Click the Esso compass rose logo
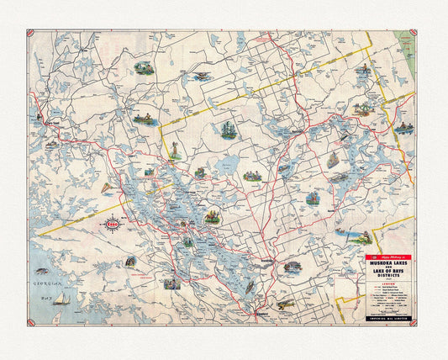(x=112, y=225)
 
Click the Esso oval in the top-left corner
(x=31, y=34)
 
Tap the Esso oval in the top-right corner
(x=410, y=34)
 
